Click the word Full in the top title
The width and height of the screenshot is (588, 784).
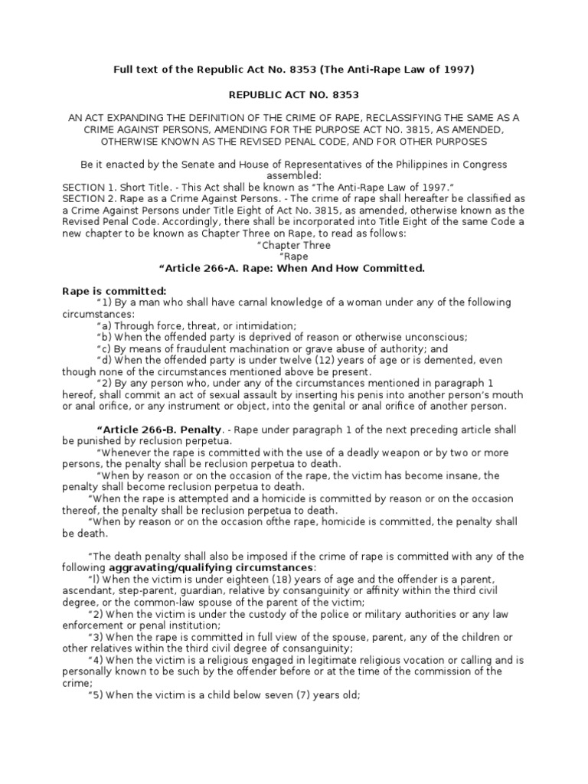pos(126,70)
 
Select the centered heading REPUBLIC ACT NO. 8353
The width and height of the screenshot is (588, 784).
pos(294,94)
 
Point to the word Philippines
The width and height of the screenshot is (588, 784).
pos(406,165)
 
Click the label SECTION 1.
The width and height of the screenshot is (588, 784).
pos(89,188)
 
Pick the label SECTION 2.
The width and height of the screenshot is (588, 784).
pos(89,199)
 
